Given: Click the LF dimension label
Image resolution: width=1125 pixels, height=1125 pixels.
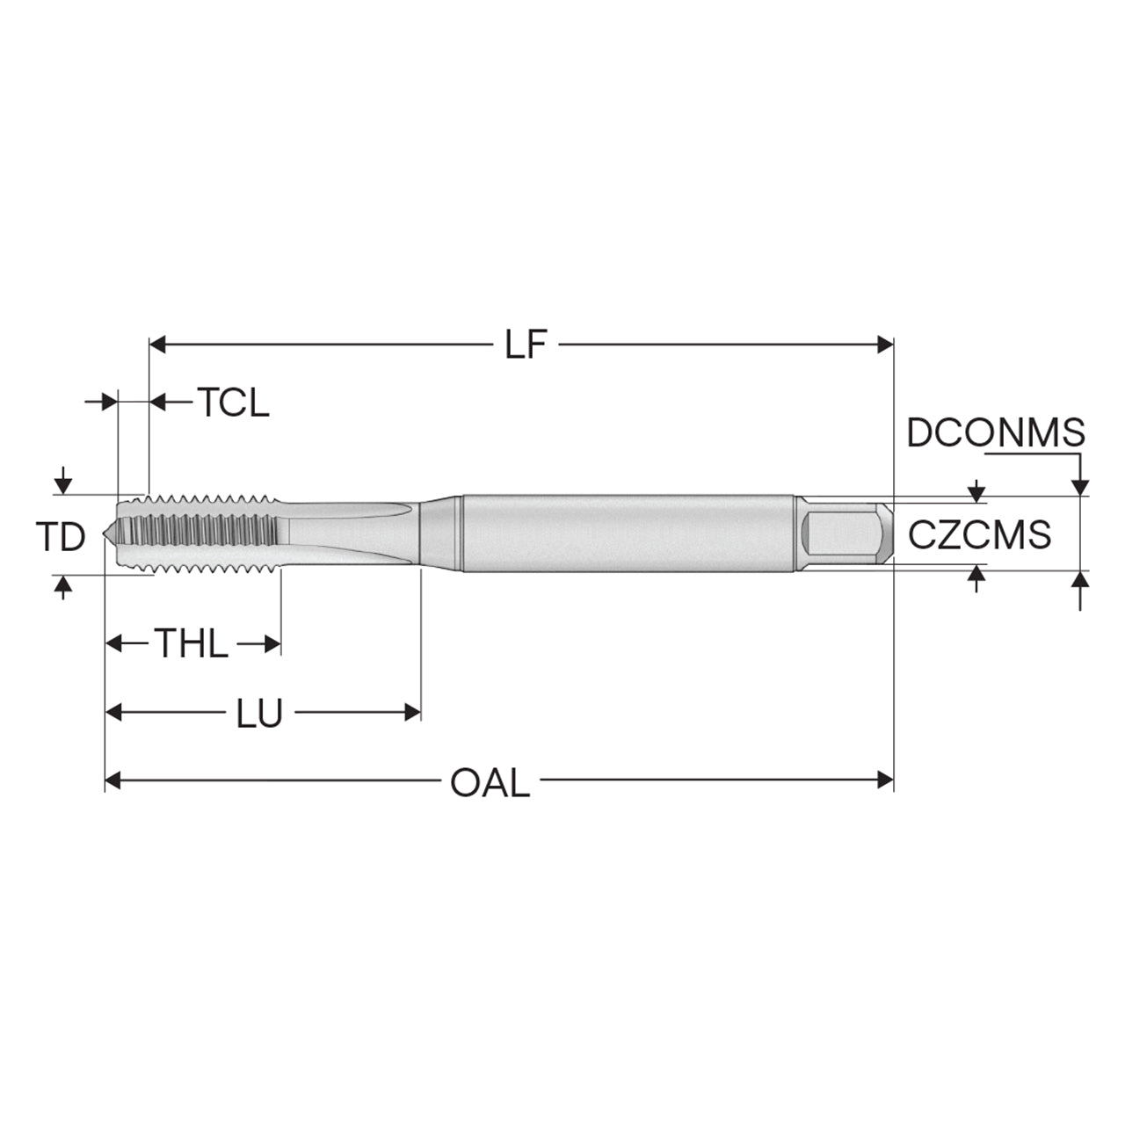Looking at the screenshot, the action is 526,345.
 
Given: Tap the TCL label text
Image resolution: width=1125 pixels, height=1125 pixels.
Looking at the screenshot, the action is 234,403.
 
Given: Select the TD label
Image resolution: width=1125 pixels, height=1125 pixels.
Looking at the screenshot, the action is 61,536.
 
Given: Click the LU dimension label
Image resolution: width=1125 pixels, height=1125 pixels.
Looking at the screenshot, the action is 260,713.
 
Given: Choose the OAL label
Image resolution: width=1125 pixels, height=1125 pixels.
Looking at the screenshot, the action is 490,783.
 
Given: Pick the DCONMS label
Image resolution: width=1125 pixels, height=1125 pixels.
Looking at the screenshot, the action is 996,433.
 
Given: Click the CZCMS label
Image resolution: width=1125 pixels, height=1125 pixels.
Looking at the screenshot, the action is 980,534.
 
